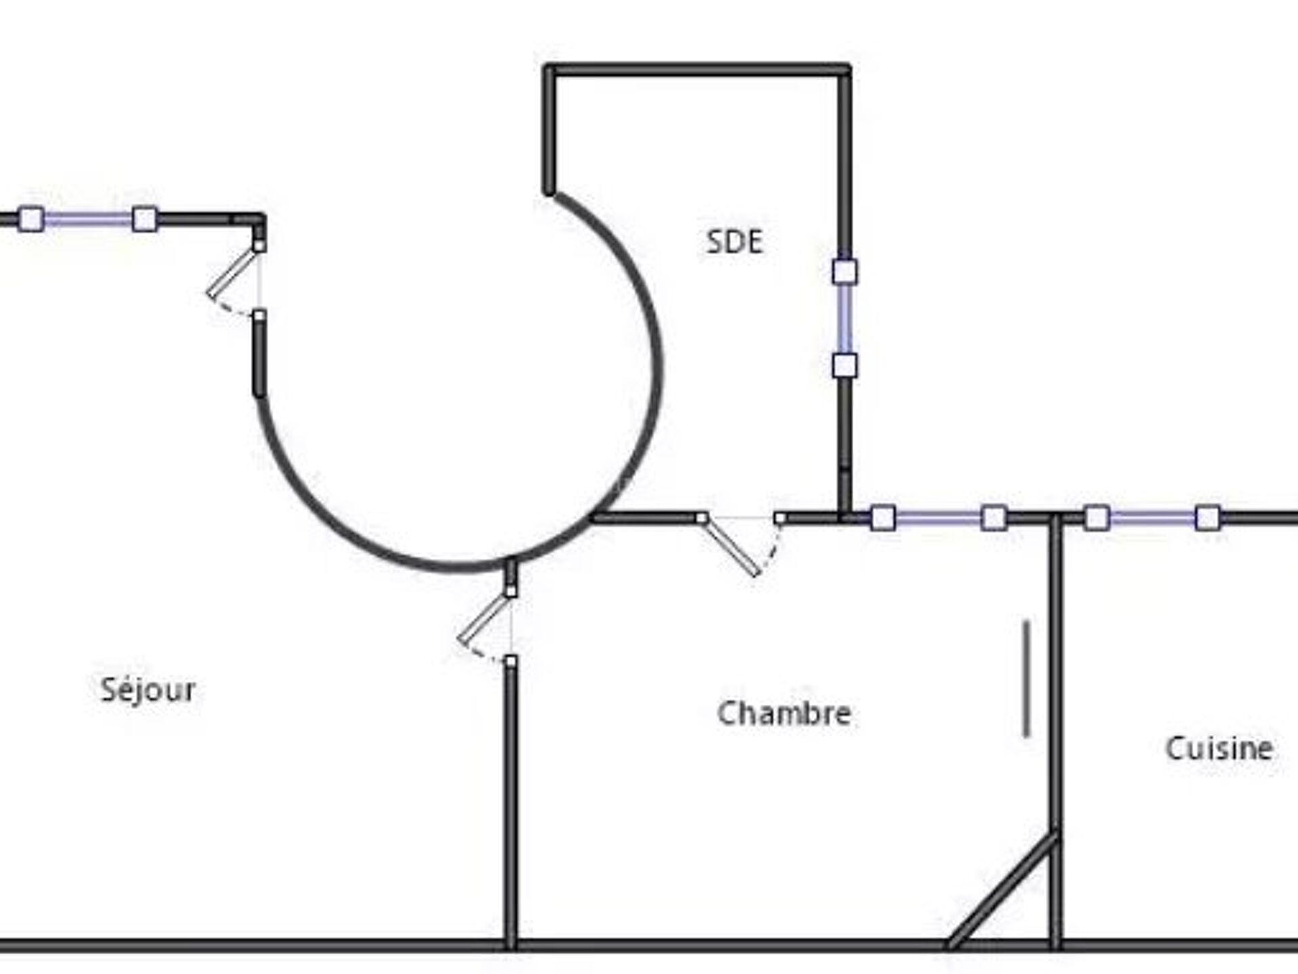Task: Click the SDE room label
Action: [x=734, y=241]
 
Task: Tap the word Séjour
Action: [x=148, y=689]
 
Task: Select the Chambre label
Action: [x=784, y=714]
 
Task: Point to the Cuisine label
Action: [x=1219, y=748]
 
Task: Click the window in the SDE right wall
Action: [x=844, y=319]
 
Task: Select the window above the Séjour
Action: [x=87, y=219]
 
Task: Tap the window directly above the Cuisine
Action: [x=1152, y=519]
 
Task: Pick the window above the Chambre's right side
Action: [x=938, y=519]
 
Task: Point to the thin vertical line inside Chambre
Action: [x=1026, y=678]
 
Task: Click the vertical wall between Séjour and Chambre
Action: [x=511, y=805]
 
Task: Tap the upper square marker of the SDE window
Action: [x=844, y=272]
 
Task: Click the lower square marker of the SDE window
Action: [x=844, y=365]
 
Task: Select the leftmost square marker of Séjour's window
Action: [x=31, y=219]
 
